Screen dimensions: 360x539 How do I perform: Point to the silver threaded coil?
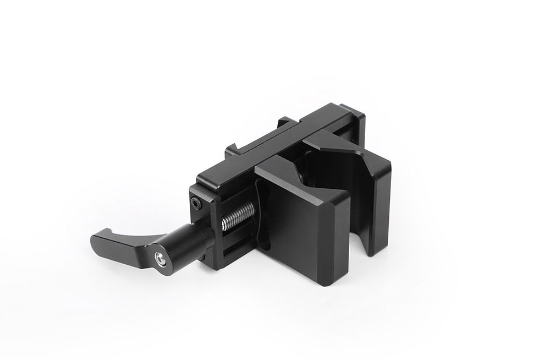(238, 215)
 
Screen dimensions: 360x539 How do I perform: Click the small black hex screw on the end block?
(197, 204)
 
